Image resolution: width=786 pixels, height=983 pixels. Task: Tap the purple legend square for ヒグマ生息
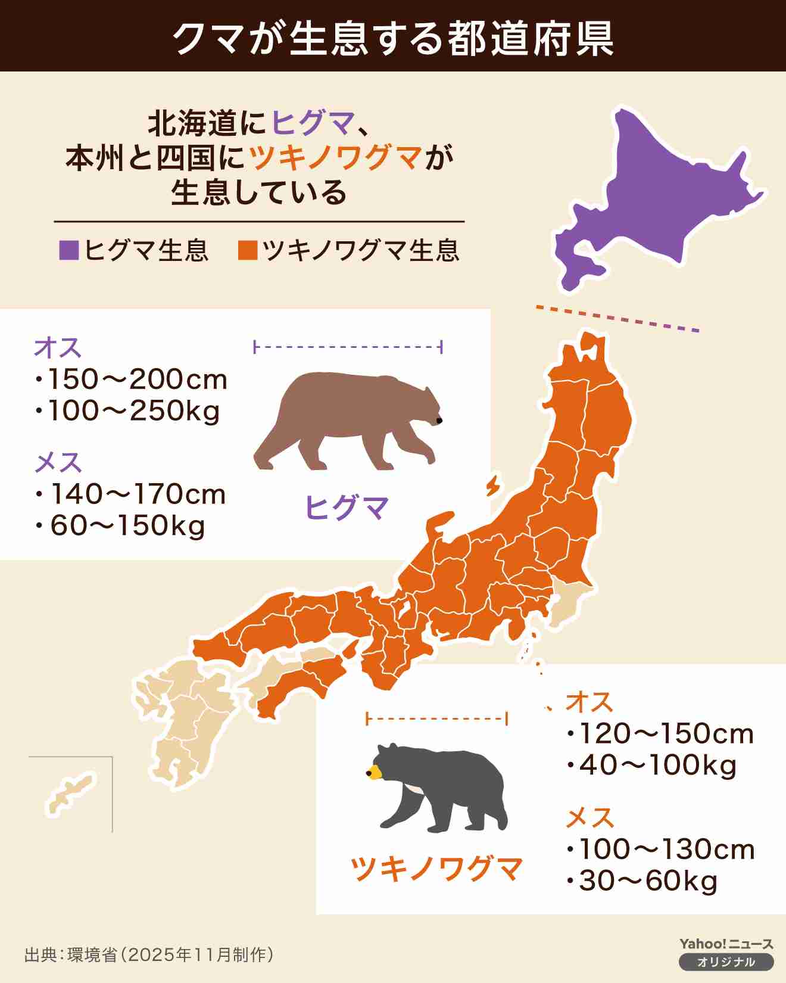point(69,250)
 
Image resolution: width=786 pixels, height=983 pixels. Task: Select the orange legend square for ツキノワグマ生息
point(247,250)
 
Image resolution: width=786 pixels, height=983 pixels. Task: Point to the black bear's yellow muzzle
point(374,773)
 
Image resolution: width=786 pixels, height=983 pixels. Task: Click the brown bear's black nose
point(439,421)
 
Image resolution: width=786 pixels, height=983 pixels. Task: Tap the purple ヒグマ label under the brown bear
point(346,508)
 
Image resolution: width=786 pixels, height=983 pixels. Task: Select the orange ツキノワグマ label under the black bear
point(436,869)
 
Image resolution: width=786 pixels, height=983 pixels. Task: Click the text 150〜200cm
point(137,379)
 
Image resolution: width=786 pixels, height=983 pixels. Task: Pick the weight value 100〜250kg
point(133,411)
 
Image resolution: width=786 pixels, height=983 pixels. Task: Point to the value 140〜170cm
point(138,494)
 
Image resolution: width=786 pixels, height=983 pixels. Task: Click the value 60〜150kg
point(127,526)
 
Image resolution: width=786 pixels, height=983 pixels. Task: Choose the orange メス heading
point(589,818)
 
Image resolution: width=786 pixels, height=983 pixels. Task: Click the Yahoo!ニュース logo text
point(726,944)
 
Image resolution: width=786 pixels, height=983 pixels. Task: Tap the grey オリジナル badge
point(726,962)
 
